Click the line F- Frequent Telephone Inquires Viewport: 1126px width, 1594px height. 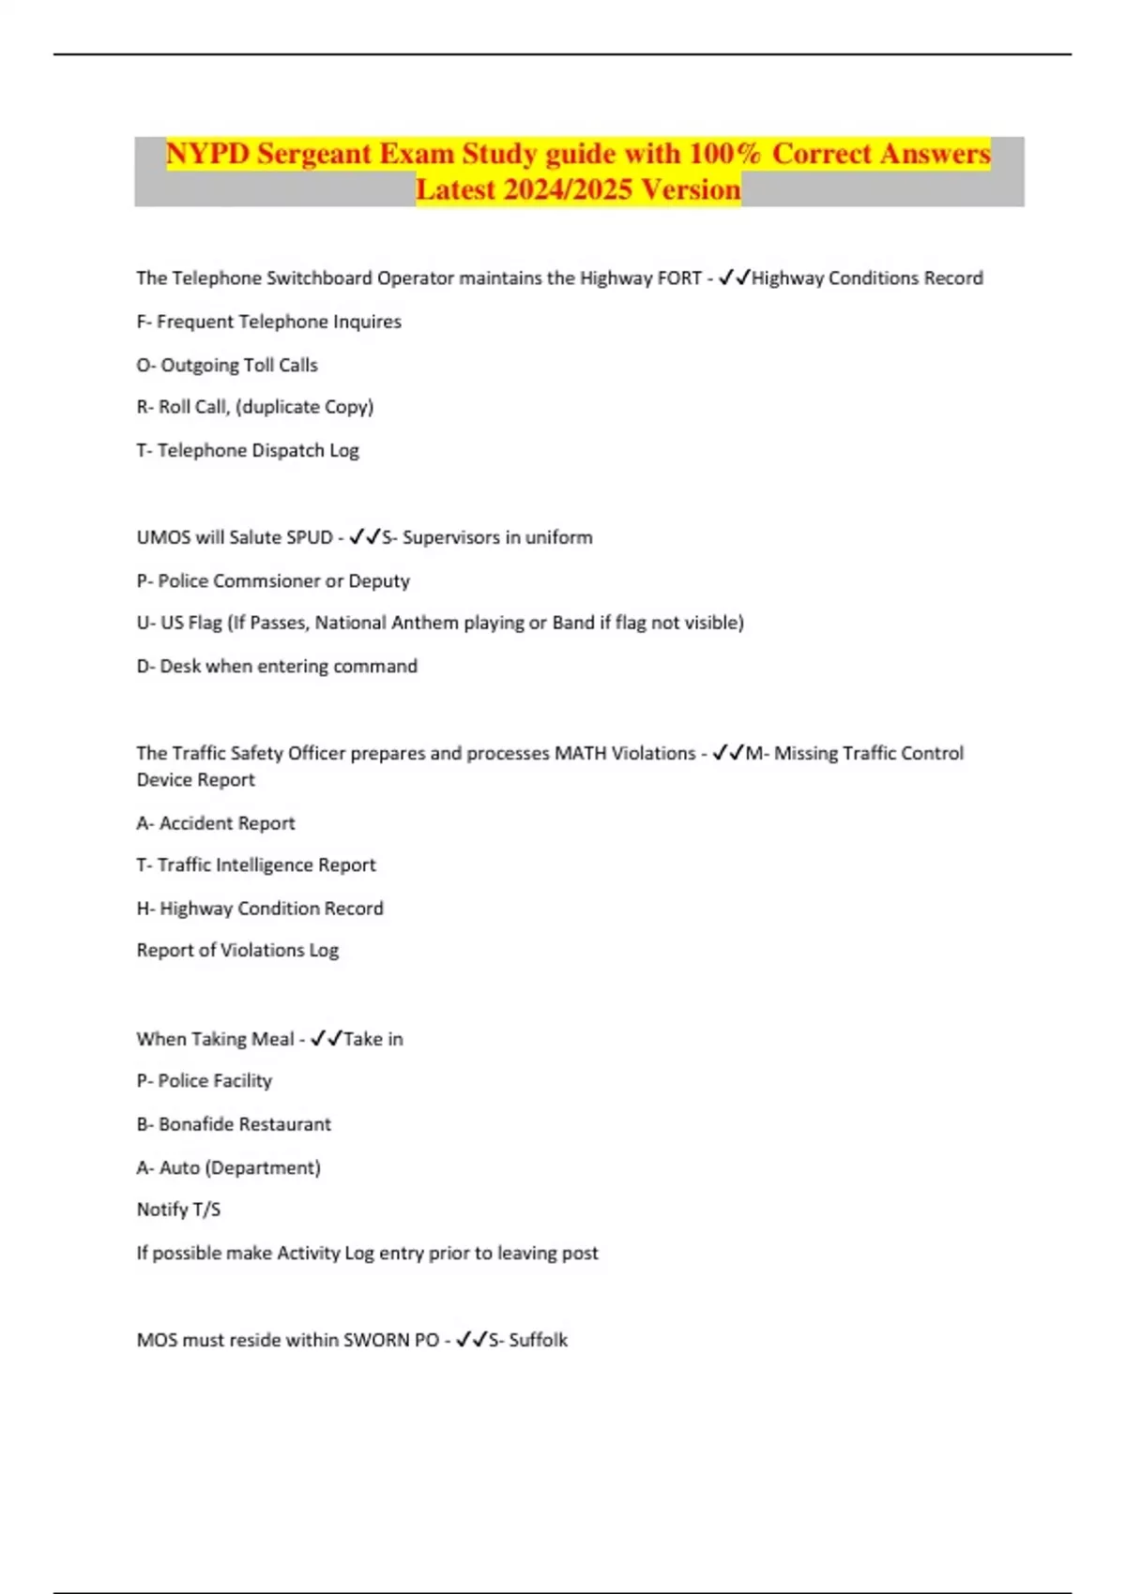(x=268, y=322)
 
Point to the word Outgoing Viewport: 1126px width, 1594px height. (x=200, y=365)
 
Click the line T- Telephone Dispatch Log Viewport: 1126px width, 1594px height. (x=248, y=450)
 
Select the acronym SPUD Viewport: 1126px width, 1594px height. (x=310, y=537)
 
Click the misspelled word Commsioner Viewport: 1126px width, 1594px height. (x=266, y=580)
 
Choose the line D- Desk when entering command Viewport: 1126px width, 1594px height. (x=277, y=666)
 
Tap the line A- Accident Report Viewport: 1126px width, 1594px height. (x=216, y=823)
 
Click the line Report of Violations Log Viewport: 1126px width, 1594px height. (x=237, y=950)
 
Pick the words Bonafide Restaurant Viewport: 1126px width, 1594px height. (x=244, y=1124)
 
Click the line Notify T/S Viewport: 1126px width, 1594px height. (x=178, y=1210)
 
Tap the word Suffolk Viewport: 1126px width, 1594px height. (x=538, y=1340)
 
